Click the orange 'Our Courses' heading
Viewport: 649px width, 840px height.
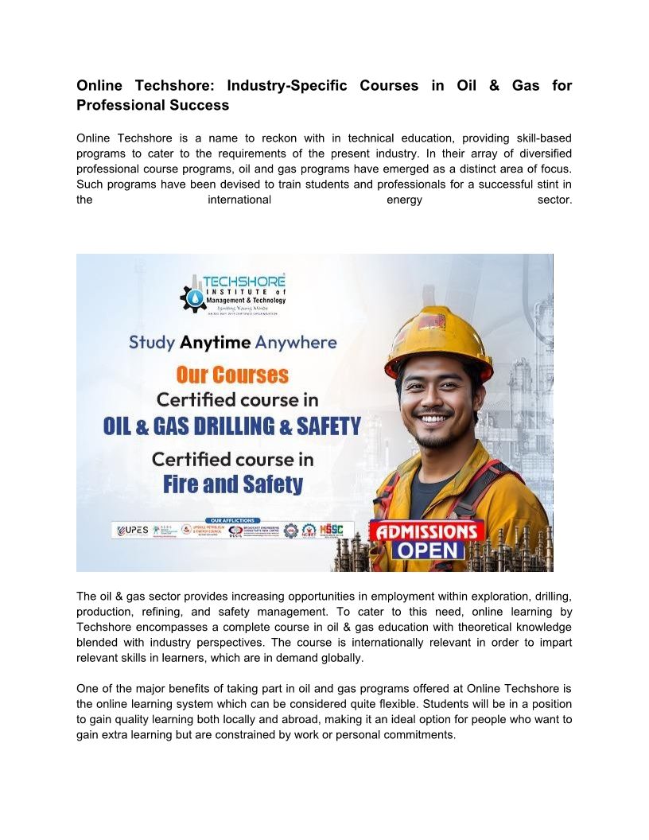(x=232, y=375)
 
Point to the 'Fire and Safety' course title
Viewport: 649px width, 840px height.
(x=233, y=484)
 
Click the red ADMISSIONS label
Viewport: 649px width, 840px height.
(x=427, y=531)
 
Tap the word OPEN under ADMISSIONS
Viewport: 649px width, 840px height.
(x=428, y=550)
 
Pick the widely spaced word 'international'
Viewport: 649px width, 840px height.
(x=239, y=200)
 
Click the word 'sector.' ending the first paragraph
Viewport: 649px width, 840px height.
(x=554, y=200)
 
